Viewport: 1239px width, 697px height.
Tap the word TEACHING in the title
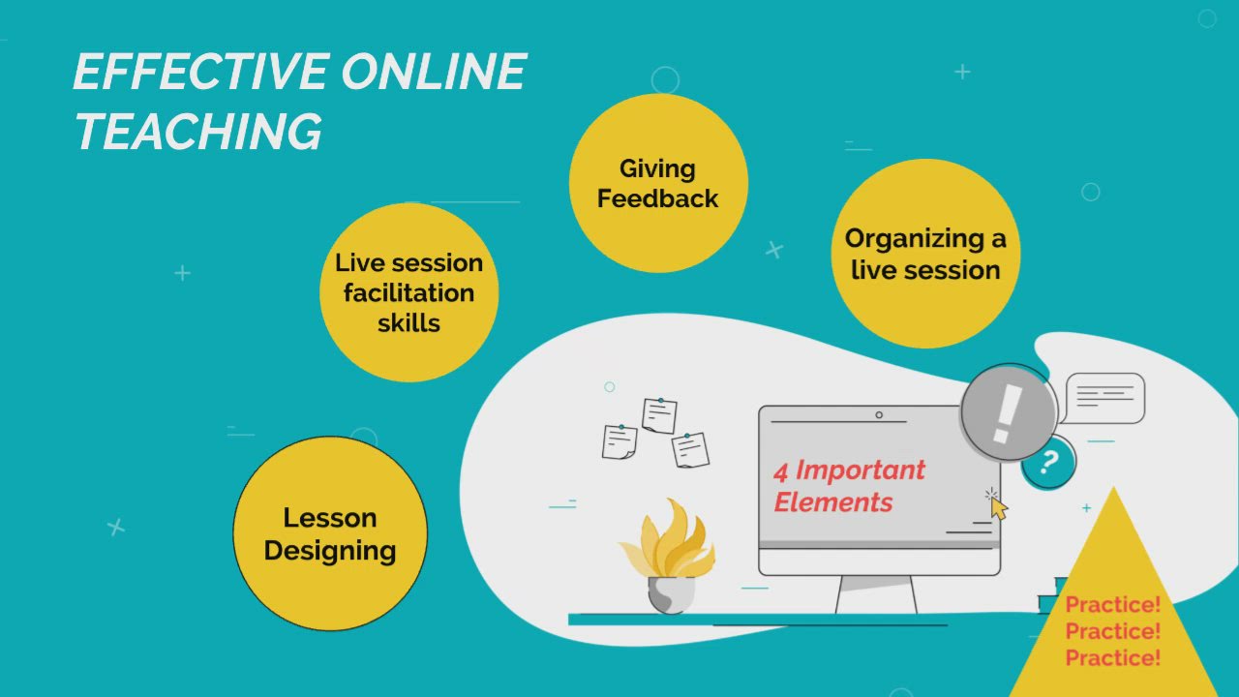pos(197,132)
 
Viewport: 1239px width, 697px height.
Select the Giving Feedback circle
pos(658,183)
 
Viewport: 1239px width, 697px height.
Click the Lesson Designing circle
pos(330,533)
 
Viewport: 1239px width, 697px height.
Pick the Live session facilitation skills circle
pos(408,292)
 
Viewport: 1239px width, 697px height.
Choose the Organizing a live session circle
pos(925,254)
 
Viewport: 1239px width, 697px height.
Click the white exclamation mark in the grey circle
pos(1007,411)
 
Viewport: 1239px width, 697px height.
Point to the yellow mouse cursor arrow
pos(998,508)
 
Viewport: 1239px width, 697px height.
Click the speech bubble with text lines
pos(1104,398)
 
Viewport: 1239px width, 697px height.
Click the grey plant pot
pos(670,593)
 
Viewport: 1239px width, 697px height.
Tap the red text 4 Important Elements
pos(848,486)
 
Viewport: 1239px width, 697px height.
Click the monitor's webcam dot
pos(879,415)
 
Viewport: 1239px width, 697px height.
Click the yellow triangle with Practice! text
pos(1112,620)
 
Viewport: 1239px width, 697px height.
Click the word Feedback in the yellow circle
pos(658,198)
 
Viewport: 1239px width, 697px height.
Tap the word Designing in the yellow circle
pos(330,551)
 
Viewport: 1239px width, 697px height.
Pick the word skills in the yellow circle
pos(408,323)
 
